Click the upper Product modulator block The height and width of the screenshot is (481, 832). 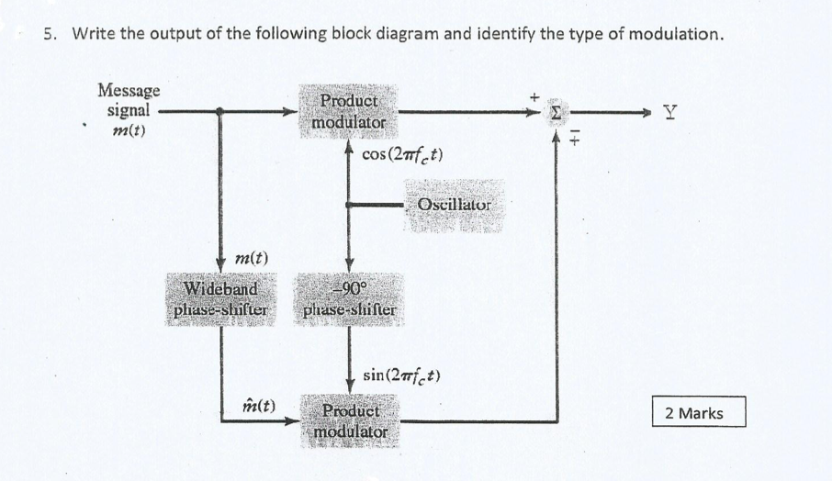[x=347, y=112]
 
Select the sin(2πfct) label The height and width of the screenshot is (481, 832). [x=405, y=375]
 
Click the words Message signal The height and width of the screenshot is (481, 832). [x=129, y=99]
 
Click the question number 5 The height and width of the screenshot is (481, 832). [x=50, y=35]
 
